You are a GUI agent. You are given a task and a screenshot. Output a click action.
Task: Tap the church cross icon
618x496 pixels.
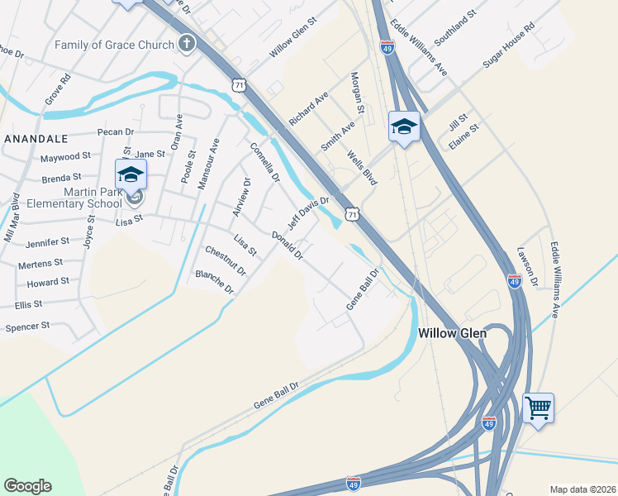(x=188, y=43)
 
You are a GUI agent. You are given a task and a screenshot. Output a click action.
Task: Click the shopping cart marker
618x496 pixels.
(x=538, y=408)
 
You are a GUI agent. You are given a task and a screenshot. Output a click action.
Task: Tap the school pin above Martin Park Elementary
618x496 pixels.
(x=131, y=175)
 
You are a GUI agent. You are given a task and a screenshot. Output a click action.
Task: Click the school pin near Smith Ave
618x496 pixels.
(x=403, y=126)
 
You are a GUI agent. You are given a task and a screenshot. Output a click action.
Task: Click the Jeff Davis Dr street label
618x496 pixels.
(x=308, y=213)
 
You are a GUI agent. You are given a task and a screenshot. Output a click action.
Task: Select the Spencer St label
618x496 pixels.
(x=28, y=327)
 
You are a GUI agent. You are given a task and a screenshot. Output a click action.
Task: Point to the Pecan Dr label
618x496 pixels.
(x=115, y=132)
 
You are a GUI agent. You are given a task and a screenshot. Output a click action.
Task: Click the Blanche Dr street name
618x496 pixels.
(x=215, y=281)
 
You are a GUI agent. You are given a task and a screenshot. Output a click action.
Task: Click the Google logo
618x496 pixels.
(x=27, y=486)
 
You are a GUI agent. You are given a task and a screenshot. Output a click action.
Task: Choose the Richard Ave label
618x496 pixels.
(x=309, y=109)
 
